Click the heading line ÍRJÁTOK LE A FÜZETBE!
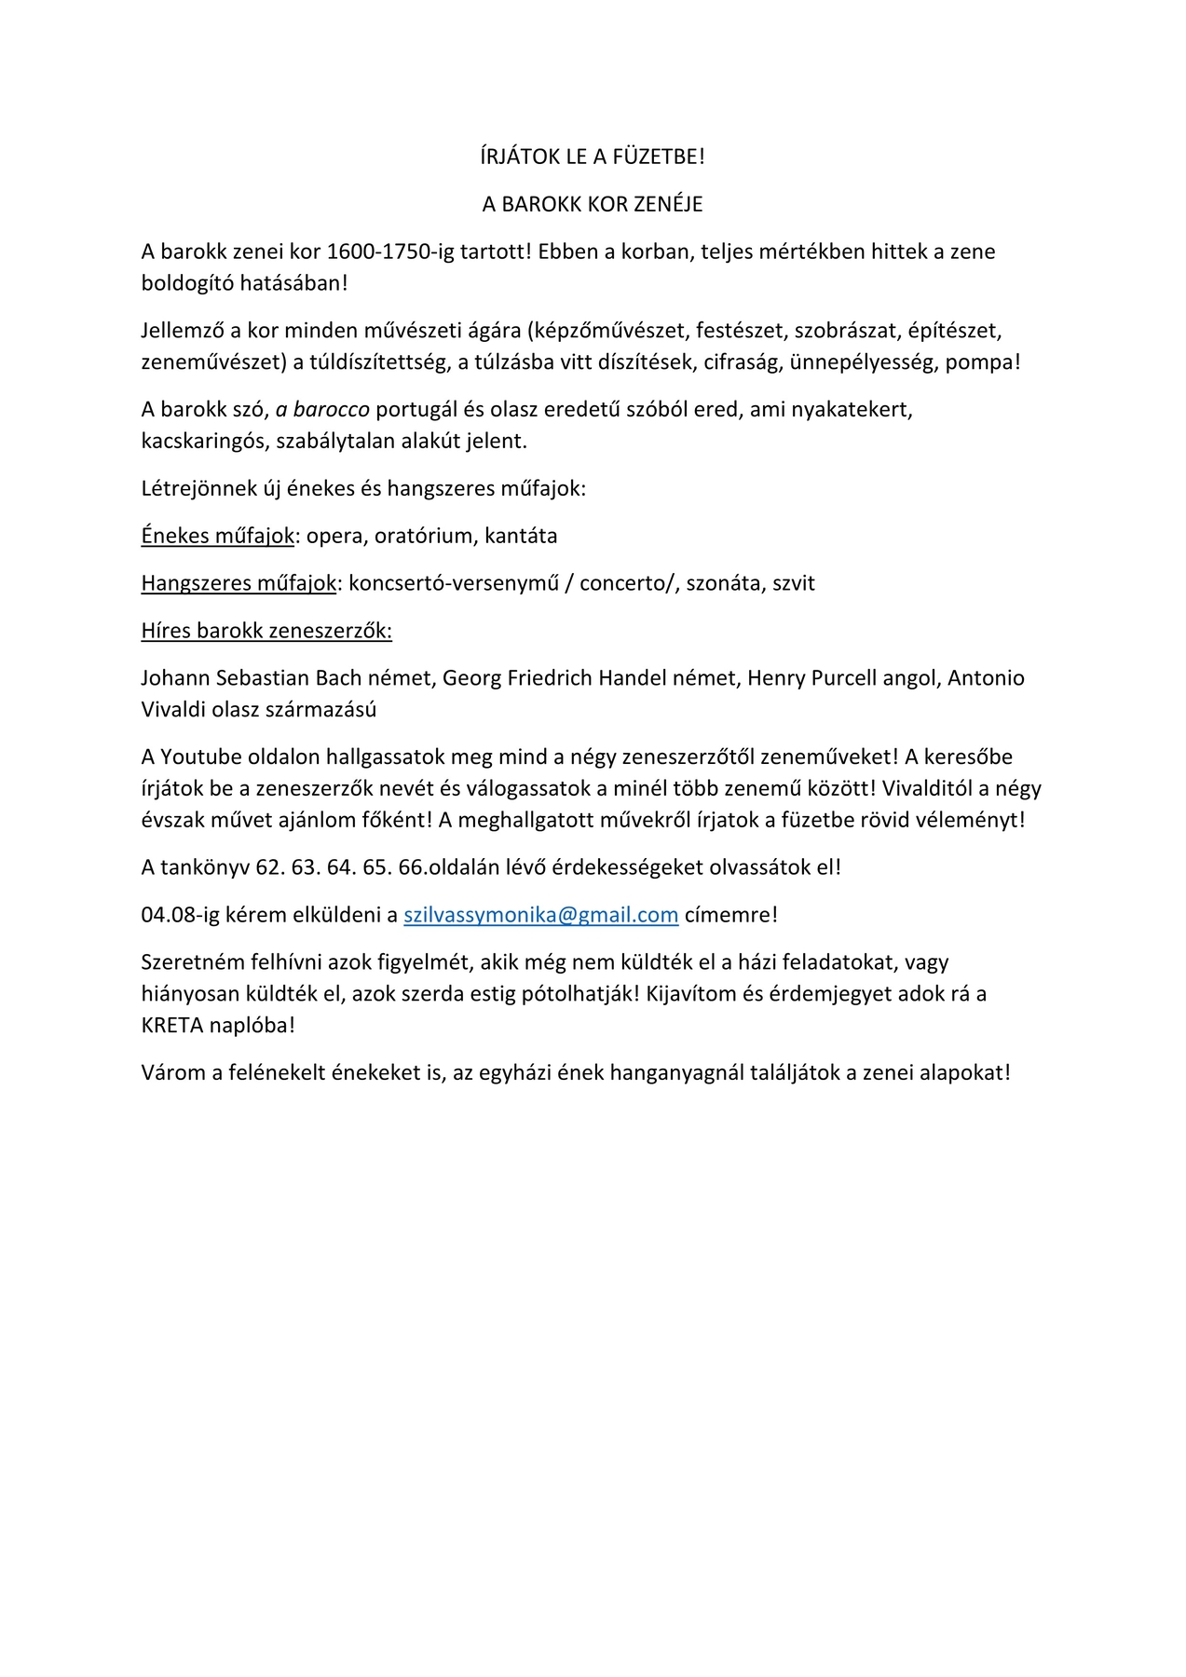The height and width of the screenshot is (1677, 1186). coord(593,157)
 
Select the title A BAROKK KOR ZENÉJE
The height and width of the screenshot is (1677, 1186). coord(593,204)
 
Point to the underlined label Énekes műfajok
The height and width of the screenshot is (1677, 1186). coord(218,536)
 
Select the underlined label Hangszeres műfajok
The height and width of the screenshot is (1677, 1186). coord(239,583)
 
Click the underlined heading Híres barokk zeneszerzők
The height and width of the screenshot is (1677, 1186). coord(266,631)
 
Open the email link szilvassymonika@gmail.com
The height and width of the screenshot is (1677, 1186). coord(540,915)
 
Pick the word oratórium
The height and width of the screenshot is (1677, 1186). coord(426,536)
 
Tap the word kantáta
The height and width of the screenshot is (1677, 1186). coord(521,536)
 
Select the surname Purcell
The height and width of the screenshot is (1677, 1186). coord(844,678)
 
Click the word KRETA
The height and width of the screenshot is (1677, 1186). coord(173,1026)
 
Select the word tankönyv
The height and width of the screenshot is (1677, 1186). coord(205,867)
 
